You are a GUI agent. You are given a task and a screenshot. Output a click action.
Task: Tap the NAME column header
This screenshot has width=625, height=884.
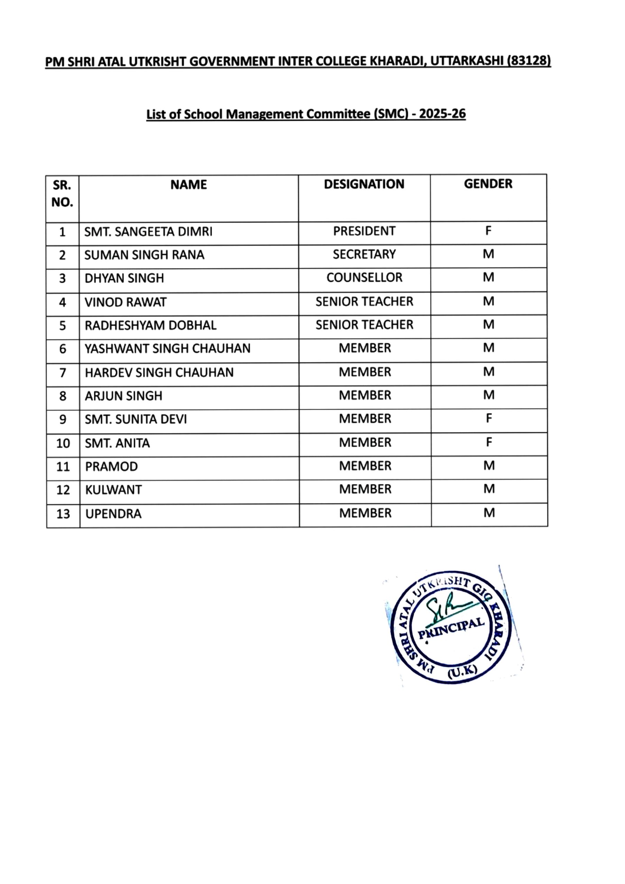(188, 185)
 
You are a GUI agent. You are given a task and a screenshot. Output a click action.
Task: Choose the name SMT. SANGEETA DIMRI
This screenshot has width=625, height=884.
(148, 232)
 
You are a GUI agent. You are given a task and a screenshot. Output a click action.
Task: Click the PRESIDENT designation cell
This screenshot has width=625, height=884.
(364, 231)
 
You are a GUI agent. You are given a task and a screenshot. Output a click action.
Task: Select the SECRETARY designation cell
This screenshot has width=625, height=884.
(364, 254)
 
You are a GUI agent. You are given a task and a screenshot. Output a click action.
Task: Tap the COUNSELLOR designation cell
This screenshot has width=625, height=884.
(364, 278)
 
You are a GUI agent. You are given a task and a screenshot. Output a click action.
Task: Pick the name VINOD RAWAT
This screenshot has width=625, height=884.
(125, 302)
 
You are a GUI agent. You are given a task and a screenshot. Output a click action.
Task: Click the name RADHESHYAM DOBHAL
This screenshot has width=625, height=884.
(151, 326)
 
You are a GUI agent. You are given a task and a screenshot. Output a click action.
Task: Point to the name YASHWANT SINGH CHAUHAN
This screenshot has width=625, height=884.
(168, 349)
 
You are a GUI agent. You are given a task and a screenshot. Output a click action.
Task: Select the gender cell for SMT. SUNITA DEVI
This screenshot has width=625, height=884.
(488, 419)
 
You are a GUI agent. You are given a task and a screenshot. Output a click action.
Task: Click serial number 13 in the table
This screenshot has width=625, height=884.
(63, 514)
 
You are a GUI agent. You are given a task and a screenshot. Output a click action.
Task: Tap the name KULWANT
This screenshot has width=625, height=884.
(113, 490)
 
